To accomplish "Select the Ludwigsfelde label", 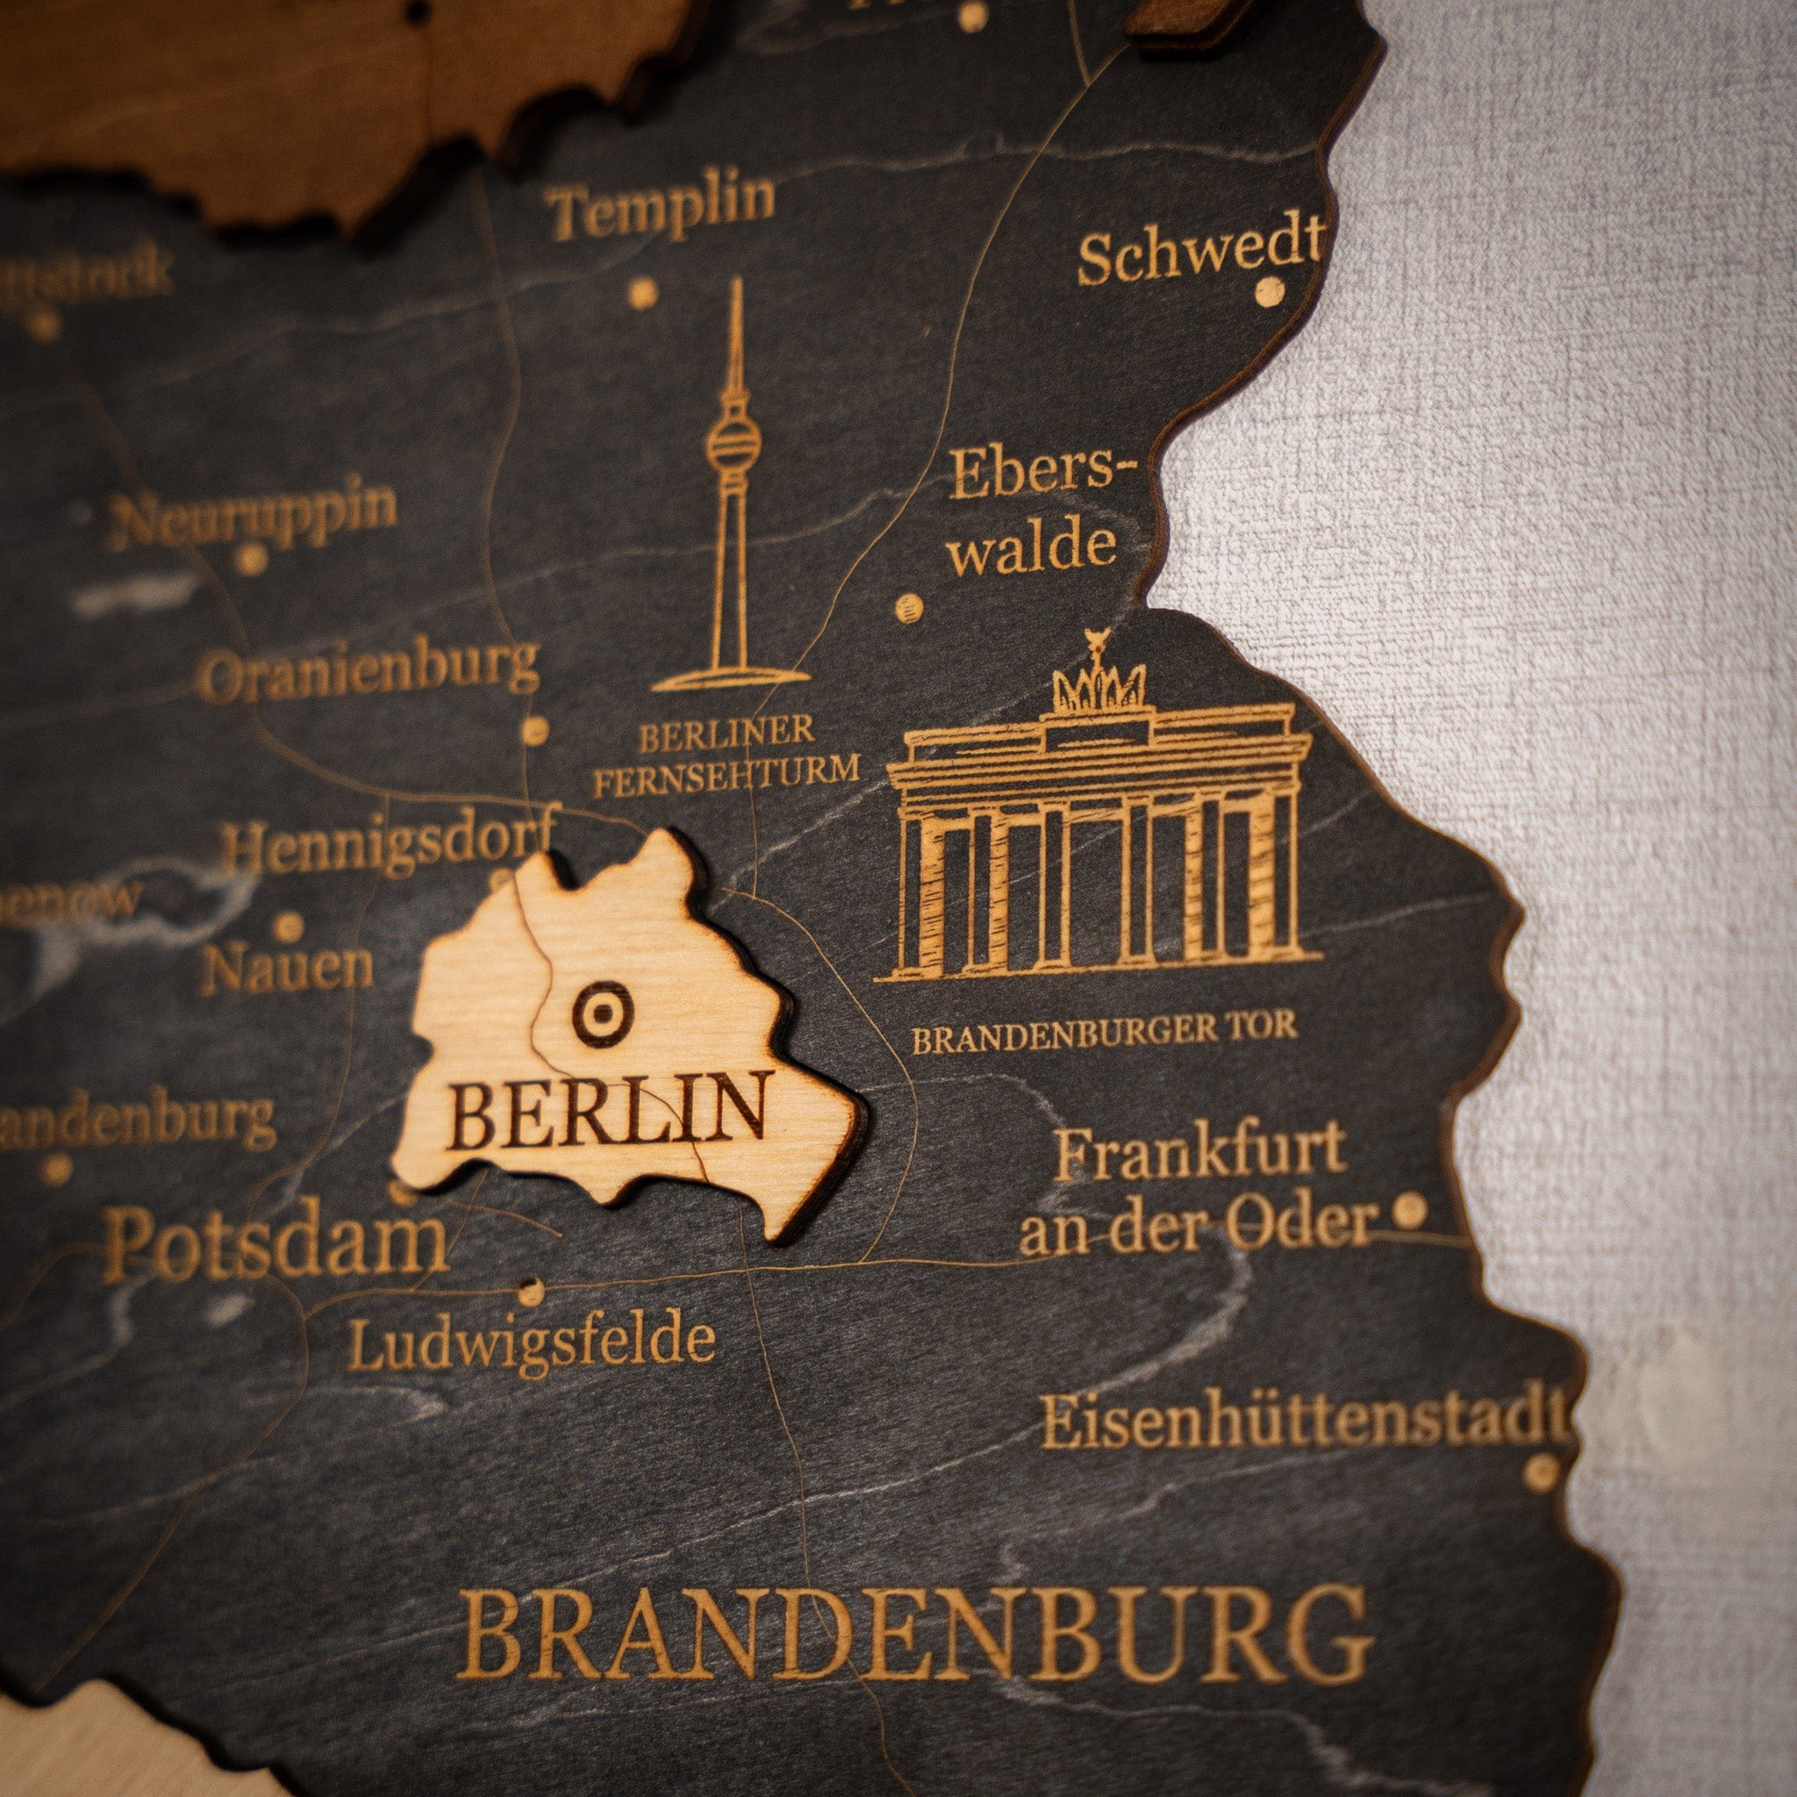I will pyautogui.click(x=531, y=1342).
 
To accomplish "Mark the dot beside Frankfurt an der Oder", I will pyautogui.click(x=1408, y=1210).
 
